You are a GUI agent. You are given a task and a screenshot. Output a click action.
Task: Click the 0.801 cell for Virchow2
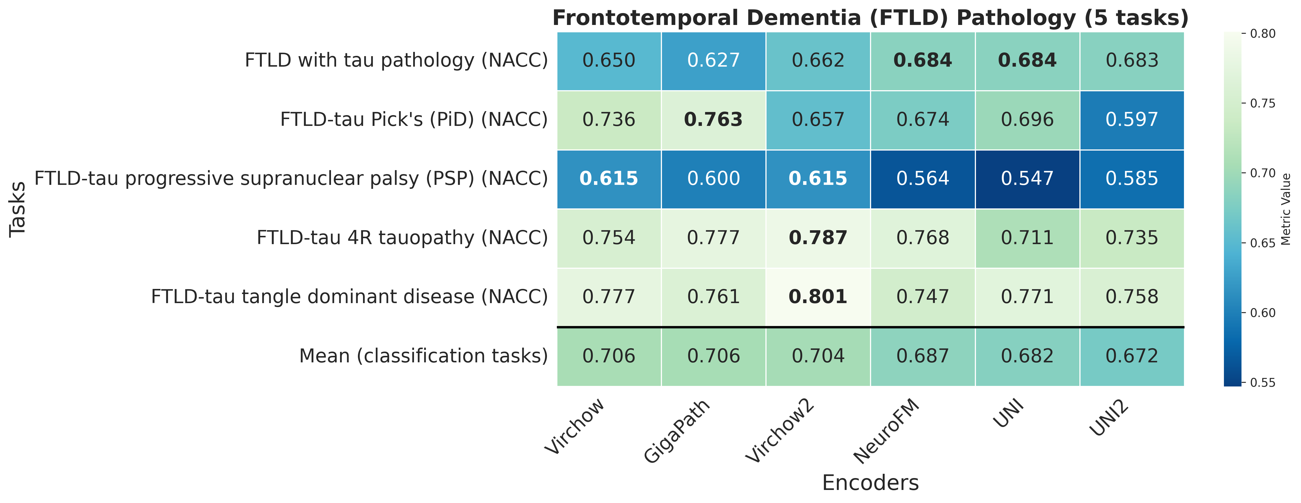point(818,297)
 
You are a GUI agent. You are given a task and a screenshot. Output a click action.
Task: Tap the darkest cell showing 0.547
point(1027,178)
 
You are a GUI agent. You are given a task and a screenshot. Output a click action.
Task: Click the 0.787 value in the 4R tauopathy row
point(818,238)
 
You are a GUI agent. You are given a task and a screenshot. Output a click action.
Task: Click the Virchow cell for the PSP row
point(609,178)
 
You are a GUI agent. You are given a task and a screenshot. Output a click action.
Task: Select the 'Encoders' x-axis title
point(870,483)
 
